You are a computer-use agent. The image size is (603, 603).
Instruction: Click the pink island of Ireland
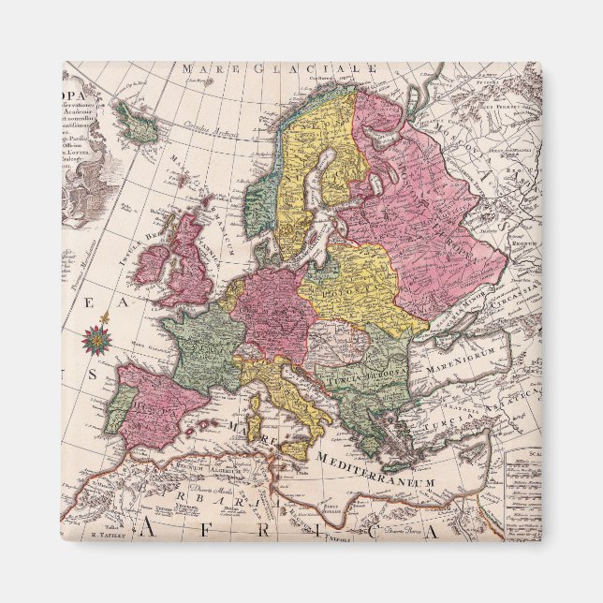[151, 266]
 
